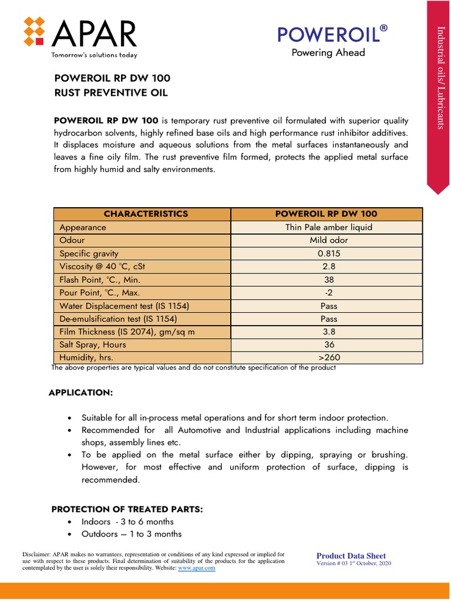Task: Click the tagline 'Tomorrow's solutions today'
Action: [x=95, y=55]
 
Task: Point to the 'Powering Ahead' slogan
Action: [x=328, y=53]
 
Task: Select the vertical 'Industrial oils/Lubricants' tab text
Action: [x=439, y=77]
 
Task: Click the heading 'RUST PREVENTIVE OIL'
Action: [x=111, y=93]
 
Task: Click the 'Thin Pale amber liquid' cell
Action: [x=328, y=227]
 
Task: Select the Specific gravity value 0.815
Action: [x=328, y=254]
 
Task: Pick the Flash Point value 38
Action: [x=328, y=280]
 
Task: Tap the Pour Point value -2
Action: [x=328, y=292]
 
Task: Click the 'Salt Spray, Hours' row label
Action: [x=93, y=345]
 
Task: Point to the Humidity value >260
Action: [x=328, y=357]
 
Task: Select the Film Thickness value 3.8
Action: [x=328, y=332]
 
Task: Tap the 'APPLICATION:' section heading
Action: [x=80, y=392]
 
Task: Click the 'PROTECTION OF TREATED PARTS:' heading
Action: [x=127, y=509]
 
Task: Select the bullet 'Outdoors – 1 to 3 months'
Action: [x=132, y=534]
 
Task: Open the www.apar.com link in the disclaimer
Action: [x=197, y=569]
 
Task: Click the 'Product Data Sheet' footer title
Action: [x=351, y=556]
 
